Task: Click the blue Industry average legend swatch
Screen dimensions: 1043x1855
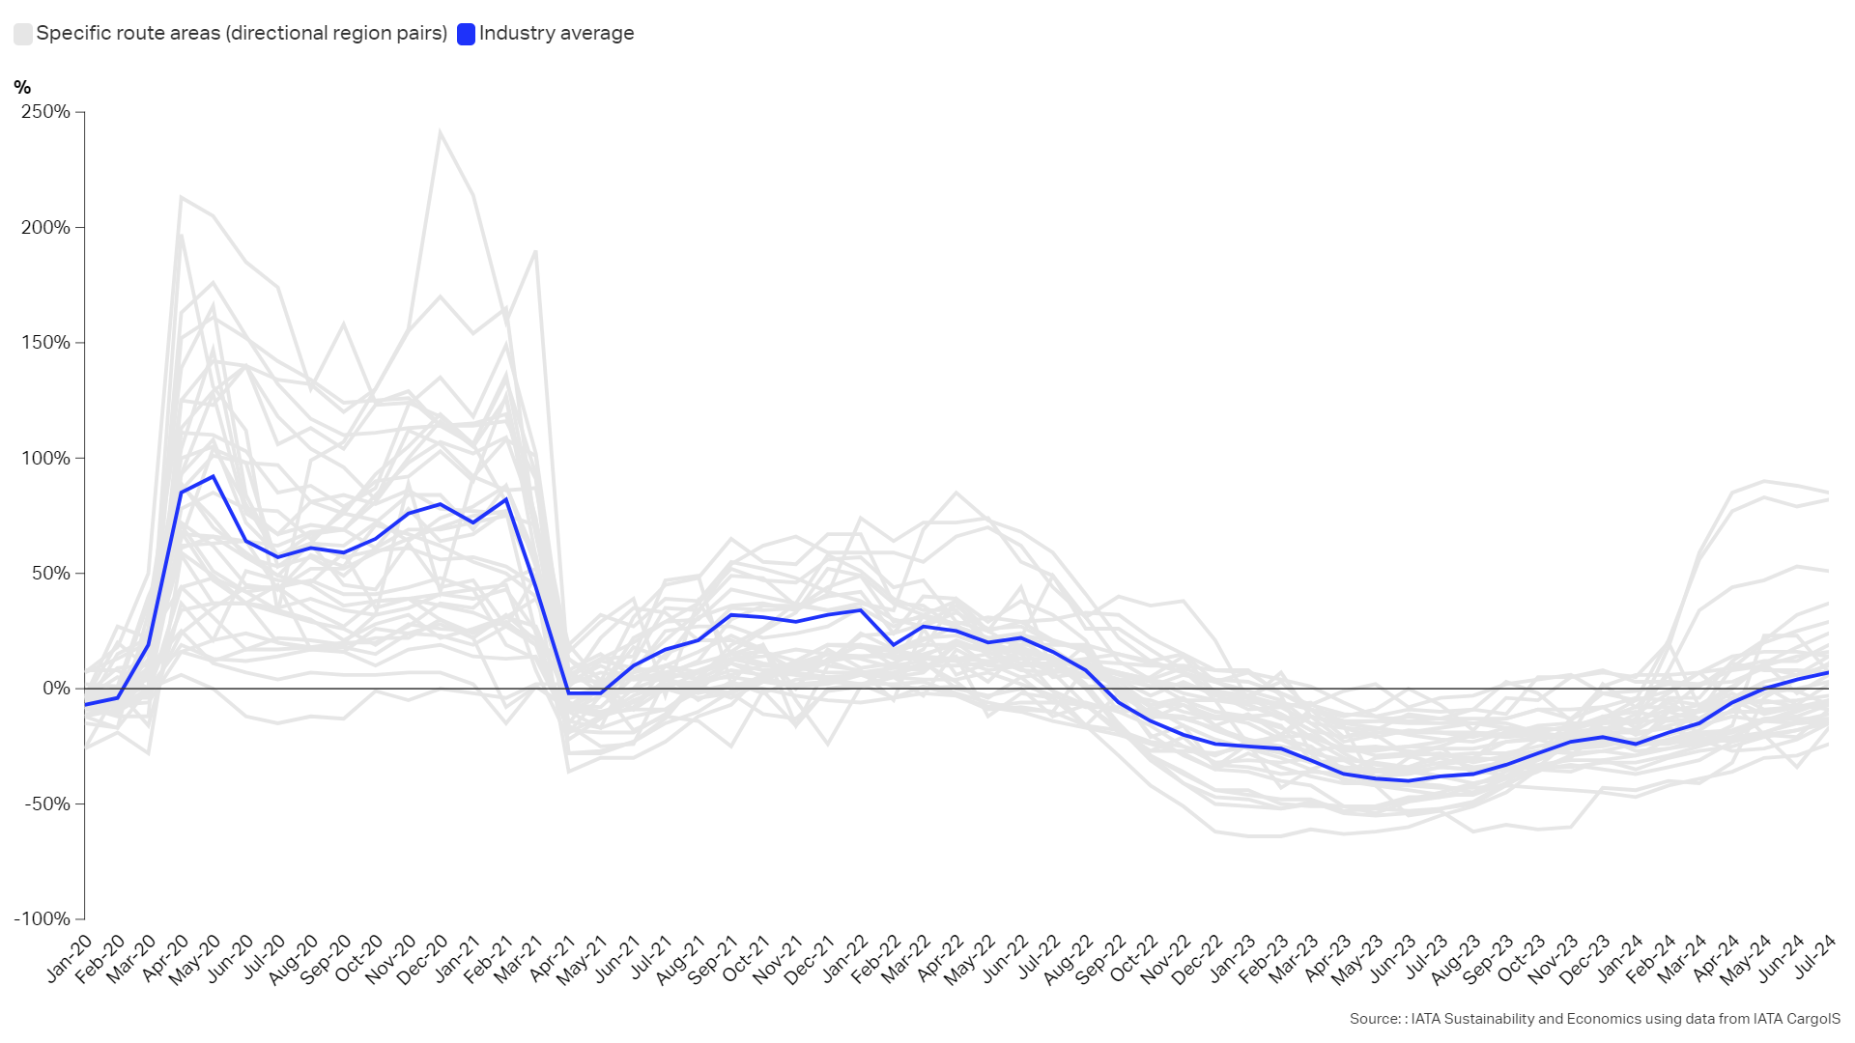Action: pyautogui.click(x=466, y=34)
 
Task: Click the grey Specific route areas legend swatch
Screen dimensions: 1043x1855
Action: pyautogui.click(x=22, y=34)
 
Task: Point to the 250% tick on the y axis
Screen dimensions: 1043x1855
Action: pyautogui.click(x=45, y=112)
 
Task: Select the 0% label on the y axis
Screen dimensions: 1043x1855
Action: pyautogui.click(x=56, y=689)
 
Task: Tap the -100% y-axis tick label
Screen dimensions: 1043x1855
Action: pyautogui.click(x=43, y=919)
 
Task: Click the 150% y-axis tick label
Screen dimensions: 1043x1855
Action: pyautogui.click(x=45, y=343)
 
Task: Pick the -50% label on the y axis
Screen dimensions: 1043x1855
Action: pyautogui.click(x=48, y=804)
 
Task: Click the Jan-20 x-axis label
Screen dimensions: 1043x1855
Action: pyautogui.click(x=70, y=957)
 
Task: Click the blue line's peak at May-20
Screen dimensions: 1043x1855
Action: pyautogui.click(x=213, y=476)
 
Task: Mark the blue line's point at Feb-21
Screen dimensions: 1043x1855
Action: pyautogui.click(x=505, y=499)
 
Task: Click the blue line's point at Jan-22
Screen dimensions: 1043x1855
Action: pyautogui.click(x=860, y=610)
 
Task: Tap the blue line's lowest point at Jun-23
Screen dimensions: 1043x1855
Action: pyautogui.click(x=1409, y=780)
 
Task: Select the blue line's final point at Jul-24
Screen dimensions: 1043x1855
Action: pyautogui.click(x=1827, y=673)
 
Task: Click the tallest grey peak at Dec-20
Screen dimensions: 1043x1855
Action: pyautogui.click(x=440, y=132)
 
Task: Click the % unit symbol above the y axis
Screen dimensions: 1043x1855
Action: pyautogui.click(x=22, y=88)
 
